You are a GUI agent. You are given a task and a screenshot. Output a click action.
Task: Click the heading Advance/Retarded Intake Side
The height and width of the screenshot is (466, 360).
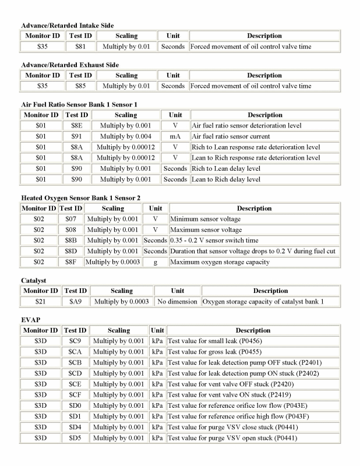coord(67,25)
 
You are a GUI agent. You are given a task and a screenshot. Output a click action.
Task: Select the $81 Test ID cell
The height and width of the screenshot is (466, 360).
coord(80,47)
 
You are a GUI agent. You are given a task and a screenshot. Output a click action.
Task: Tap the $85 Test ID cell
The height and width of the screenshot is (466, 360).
coord(80,86)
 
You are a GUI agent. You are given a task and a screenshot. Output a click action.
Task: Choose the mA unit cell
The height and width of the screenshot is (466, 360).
coord(175,136)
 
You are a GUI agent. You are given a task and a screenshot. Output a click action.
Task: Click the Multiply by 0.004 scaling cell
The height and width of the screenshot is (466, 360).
coord(126,136)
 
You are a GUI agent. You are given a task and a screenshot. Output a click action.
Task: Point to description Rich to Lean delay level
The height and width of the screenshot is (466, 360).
coord(226,169)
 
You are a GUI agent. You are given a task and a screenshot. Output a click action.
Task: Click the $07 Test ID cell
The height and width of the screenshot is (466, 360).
coord(70,219)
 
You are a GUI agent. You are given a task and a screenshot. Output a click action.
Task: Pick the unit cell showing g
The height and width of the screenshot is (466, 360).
coord(156,262)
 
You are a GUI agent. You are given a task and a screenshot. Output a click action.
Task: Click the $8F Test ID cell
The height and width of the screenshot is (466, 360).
coord(70,262)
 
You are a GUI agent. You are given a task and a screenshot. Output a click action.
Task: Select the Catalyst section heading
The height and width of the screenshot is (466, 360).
coord(34,280)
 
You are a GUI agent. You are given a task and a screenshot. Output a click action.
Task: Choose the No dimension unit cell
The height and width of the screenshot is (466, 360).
coord(177,302)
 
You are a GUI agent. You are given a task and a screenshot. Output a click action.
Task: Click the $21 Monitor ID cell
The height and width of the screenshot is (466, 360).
coord(41,302)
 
